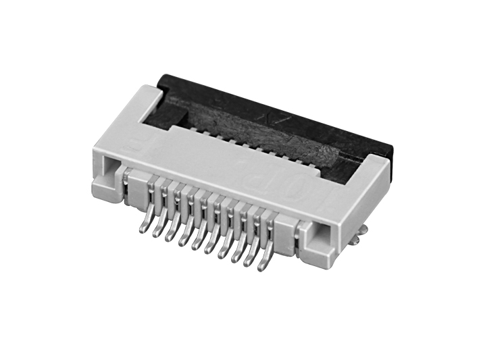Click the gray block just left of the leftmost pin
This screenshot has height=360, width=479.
pyautogui.click(x=135, y=187)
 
